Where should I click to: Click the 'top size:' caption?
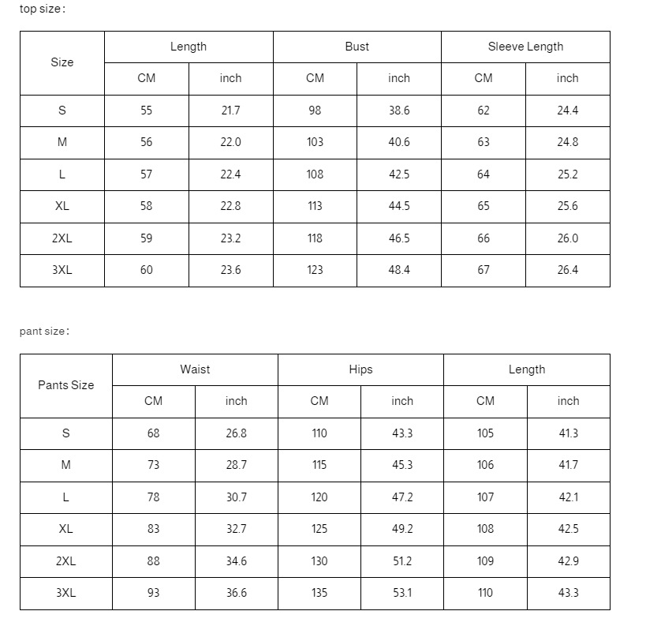pyautogui.click(x=43, y=9)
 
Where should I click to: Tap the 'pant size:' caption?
pyautogui.click(x=44, y=332)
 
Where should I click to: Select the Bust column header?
pyautogui.click(x=357, y=47)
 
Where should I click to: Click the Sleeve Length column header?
pyautogui.click(x=525, y=47)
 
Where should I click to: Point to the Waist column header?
pyautogui.click(x=195, y=369)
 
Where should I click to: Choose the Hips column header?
pyautogui.click(x=360, y=369)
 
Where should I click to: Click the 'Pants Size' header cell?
pyautogui.click(x=65, y=385)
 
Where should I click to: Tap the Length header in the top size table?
pyautogui.click(x=189, y=47)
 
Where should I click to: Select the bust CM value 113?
pyautogui.click(x=315, y=206)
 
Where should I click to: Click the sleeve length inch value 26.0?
pyautogui.click(x=567, y=238)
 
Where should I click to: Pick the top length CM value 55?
pyautogui.click(x=147, y=111)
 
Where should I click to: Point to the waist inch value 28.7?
pyautogui.click(x=236, y=465)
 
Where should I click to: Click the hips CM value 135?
pyautogui.click(x=319, y=593)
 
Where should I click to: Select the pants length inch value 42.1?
pyautogui.click(x=568, y=497)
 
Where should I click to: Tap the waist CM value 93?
pyautogui.click(x=153, y=593)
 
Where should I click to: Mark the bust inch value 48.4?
pyautogui.click(x=399, y=270)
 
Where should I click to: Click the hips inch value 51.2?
pyautogui.click(x=402, y=561)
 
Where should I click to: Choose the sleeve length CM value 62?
pyautogui.click(x=484, y=111)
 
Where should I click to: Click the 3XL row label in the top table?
pyautogui.click(x=62, y=270)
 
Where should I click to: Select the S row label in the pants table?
pyautogui.click(x=65, y=433)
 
